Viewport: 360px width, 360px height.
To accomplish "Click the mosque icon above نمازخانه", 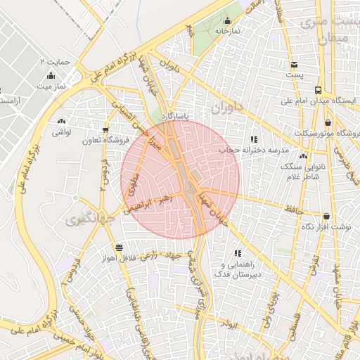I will [x=227, y=20].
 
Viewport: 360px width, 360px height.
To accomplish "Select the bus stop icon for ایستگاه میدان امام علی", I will [x=319, y=90].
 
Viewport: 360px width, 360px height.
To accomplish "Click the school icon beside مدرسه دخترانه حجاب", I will [x=254, y=139].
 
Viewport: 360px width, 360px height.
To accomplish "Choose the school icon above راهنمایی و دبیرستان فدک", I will [x=238, y=253].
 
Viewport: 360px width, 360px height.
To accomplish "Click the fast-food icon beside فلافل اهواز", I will [x=119, y=247].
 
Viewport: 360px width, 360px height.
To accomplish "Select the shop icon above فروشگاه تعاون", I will [x=105, y=130].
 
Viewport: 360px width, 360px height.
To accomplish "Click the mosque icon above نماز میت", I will [x=50, y=75].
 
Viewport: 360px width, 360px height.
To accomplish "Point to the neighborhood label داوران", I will [x=226, y=109].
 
